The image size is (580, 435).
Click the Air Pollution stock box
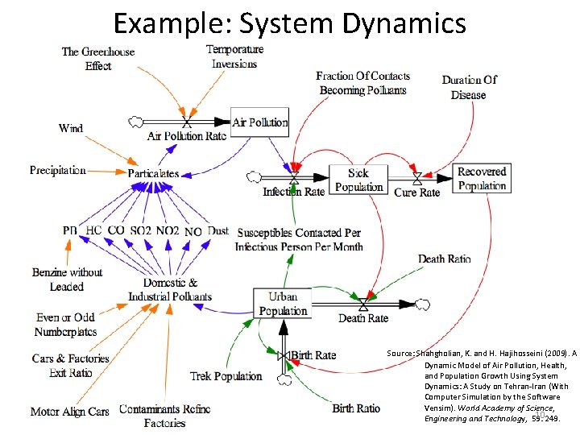[x=259, y=122]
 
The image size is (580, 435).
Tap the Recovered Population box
[x=482, y=179]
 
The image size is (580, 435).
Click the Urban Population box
[x=283, y=304]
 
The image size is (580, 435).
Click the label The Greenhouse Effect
[x=98, y=59]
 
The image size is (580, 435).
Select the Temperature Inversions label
[x=234, y=56]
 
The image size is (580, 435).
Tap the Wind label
[x=71, y=128]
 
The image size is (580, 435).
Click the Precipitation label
[x=58, y=170]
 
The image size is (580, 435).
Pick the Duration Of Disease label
[x=469, y=87]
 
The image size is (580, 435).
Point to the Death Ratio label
[x=444, y=259]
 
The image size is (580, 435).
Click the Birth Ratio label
[x=356, y=408]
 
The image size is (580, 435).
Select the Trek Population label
[x=226, y=375]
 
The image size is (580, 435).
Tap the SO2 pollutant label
[x=140, y=230]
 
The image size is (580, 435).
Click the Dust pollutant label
[x=218, y=230]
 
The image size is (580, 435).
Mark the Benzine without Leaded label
[x=67, y=279]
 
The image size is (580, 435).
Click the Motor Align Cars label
[x=69, y=412]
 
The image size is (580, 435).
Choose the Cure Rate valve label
[x=417, y=193]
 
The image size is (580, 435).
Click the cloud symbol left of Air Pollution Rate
[x=137, y=122]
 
